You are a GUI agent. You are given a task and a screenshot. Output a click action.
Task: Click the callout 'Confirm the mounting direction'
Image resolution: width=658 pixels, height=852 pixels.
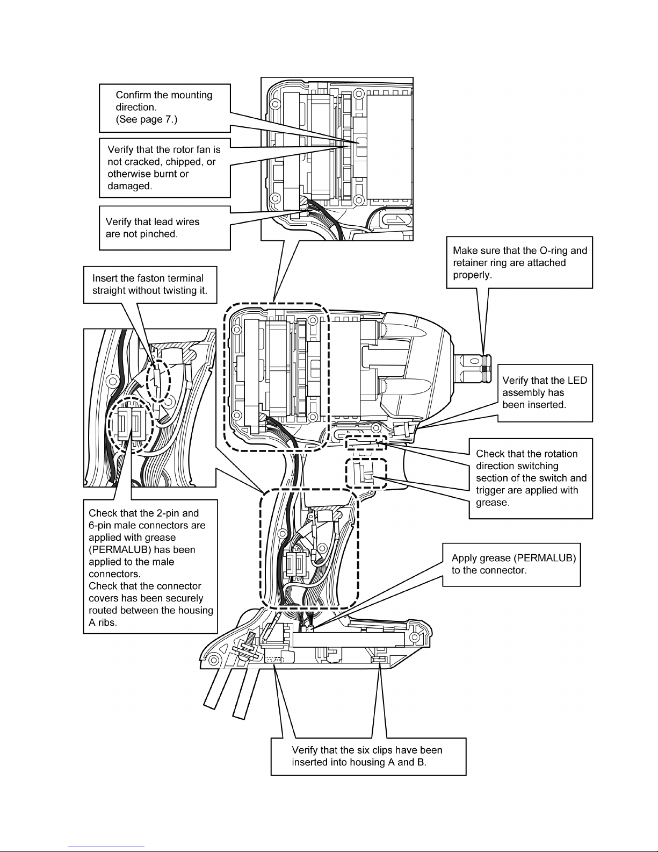click(164, 108)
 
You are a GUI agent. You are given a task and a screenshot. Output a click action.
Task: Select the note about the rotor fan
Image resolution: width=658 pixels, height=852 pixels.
click(164, 167)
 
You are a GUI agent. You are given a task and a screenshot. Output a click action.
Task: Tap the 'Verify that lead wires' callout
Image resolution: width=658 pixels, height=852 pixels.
click(164, 228)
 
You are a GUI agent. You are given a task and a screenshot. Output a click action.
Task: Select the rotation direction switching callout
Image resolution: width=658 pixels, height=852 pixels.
click(531, 478)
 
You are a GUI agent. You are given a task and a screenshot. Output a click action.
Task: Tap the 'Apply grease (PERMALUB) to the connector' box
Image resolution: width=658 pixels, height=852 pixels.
click(511, 564)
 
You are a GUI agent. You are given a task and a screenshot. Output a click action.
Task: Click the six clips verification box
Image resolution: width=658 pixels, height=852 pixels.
click(368, 756)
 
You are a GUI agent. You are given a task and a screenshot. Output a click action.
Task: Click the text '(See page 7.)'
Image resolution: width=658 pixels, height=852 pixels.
click(147, 119)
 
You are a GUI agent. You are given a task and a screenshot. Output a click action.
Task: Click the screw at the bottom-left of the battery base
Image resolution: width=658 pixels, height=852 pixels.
click(250, 644)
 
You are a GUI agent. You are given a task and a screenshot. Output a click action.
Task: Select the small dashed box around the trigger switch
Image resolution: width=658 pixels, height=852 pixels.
click(366, 474)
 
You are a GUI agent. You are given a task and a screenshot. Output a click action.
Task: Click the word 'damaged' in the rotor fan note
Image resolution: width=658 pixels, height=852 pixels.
click(130, 186)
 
